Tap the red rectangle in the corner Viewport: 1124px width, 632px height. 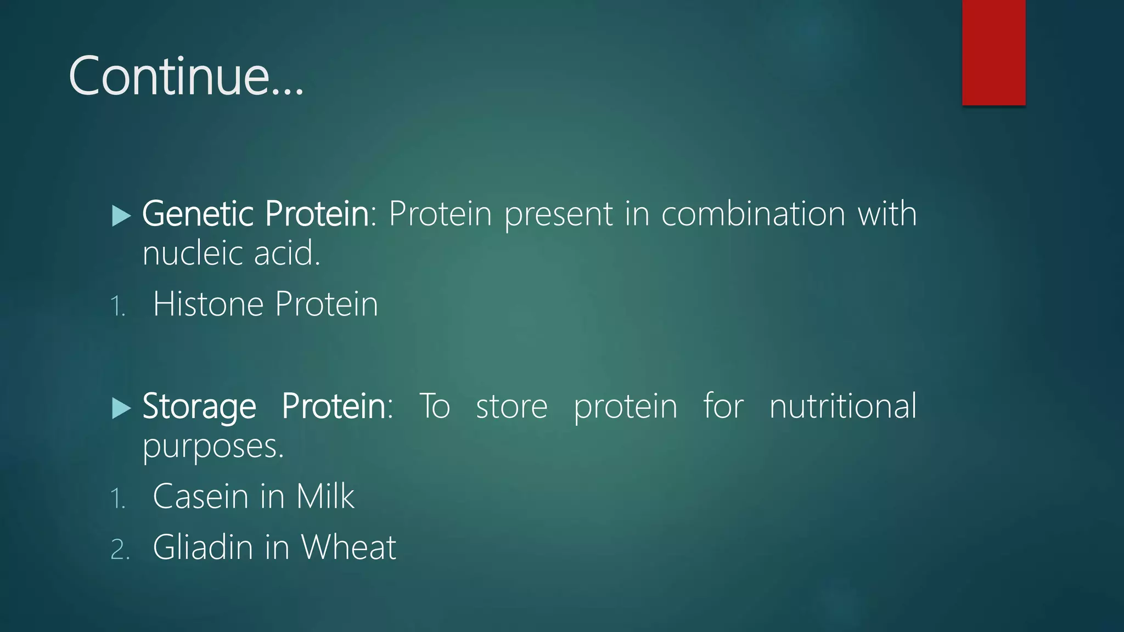[x=993, y=52]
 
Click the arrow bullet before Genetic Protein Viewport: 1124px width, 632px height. [x=121, y=216]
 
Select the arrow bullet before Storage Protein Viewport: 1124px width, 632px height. [x=121, y=408]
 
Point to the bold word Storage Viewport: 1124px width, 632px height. [x=199, y=407]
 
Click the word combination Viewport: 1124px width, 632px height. [x=753, y=213]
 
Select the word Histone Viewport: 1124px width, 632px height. [x=208, y=304]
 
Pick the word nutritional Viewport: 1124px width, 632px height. [x=842, y=407]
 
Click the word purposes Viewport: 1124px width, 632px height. [x=213, y=447]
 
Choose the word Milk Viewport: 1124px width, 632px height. [x=325, y=496]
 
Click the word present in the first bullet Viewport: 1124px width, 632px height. [x=558, y=215]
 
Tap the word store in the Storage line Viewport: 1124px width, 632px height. [x=512, y=407]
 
